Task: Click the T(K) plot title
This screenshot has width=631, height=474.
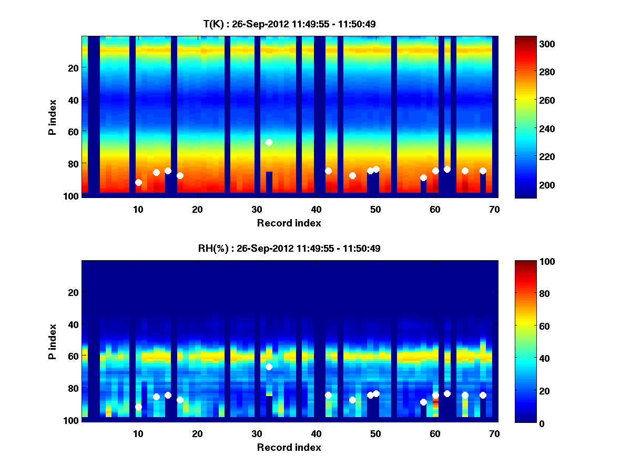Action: point(289,24)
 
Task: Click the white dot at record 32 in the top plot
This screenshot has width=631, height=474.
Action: point(269,142)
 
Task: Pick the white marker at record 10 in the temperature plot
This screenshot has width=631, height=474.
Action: point(138,182)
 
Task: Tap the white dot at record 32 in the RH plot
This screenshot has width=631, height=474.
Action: point(269,367)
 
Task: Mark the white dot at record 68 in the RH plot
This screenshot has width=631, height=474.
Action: point(483,395)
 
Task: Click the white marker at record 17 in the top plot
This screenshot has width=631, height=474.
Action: point(180,175)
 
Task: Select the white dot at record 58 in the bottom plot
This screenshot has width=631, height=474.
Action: point(423,402)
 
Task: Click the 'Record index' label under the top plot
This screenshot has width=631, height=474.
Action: point(289,223)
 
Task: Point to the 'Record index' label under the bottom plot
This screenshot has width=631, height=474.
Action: point(289,447)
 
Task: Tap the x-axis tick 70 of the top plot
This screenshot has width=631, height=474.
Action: point(494,209)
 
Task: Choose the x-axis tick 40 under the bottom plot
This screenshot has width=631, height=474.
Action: point(317,433)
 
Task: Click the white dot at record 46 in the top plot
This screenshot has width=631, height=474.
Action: point(352,175)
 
